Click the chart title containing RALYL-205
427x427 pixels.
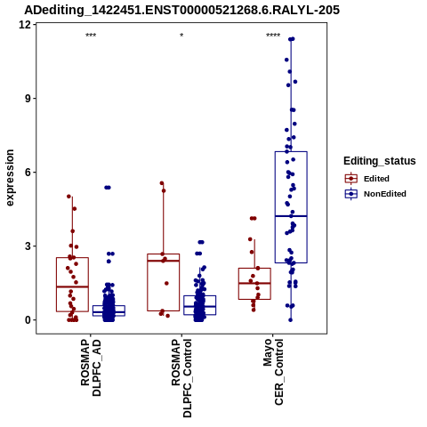tap(181, 10)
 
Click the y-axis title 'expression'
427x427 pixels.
tap(10, 178)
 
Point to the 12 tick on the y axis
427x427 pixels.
tap(25, 24)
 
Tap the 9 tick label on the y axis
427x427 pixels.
tap(28, 98)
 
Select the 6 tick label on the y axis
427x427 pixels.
tap(28, 172)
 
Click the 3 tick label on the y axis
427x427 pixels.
tap(28, 246)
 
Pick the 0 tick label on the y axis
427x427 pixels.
tap(28, 320)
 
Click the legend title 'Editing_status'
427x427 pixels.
tap(380, 161)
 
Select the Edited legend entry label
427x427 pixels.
tap(376, 179)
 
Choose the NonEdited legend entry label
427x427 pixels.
tap(385, 194)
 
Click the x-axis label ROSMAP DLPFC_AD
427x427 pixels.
tap(91, 367)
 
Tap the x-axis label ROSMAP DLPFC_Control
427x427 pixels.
tap(181, 378)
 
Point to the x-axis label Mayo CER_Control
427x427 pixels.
tap(273, 372)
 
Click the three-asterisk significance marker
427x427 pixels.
tap(91, 36)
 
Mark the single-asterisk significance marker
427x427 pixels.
tap(181, 36)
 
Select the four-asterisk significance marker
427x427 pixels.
tap(273, 36)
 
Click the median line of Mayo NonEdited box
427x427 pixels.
tap(291, 216)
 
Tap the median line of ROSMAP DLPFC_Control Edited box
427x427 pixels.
tap(164, 261)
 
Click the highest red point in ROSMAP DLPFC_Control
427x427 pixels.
tap(162, 183)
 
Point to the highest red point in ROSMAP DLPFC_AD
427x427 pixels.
tap(68, 197)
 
